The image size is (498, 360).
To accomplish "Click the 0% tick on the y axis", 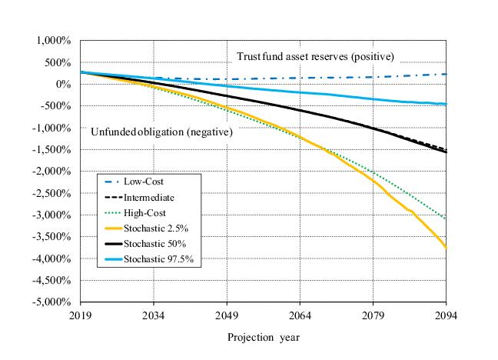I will pyautogui.click(x=63, y=84).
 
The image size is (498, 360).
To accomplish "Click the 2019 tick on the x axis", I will pyautogui.click(x=81, y=315).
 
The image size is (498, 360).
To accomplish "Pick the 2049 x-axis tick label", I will pyautogui.click(x=227, y=315).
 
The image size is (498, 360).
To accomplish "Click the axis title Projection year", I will pyautogui.click(x=264, y=337).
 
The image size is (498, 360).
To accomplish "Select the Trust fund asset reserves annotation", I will pyautogui.click(x=314, y=56).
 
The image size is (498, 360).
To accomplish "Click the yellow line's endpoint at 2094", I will pyautogui.click(x=447, y=248).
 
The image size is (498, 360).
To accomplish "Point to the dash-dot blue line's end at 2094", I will pyautogui.click(x=447, y=74).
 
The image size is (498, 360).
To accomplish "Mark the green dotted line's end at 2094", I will pyautogui.click(x=447, y=219).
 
